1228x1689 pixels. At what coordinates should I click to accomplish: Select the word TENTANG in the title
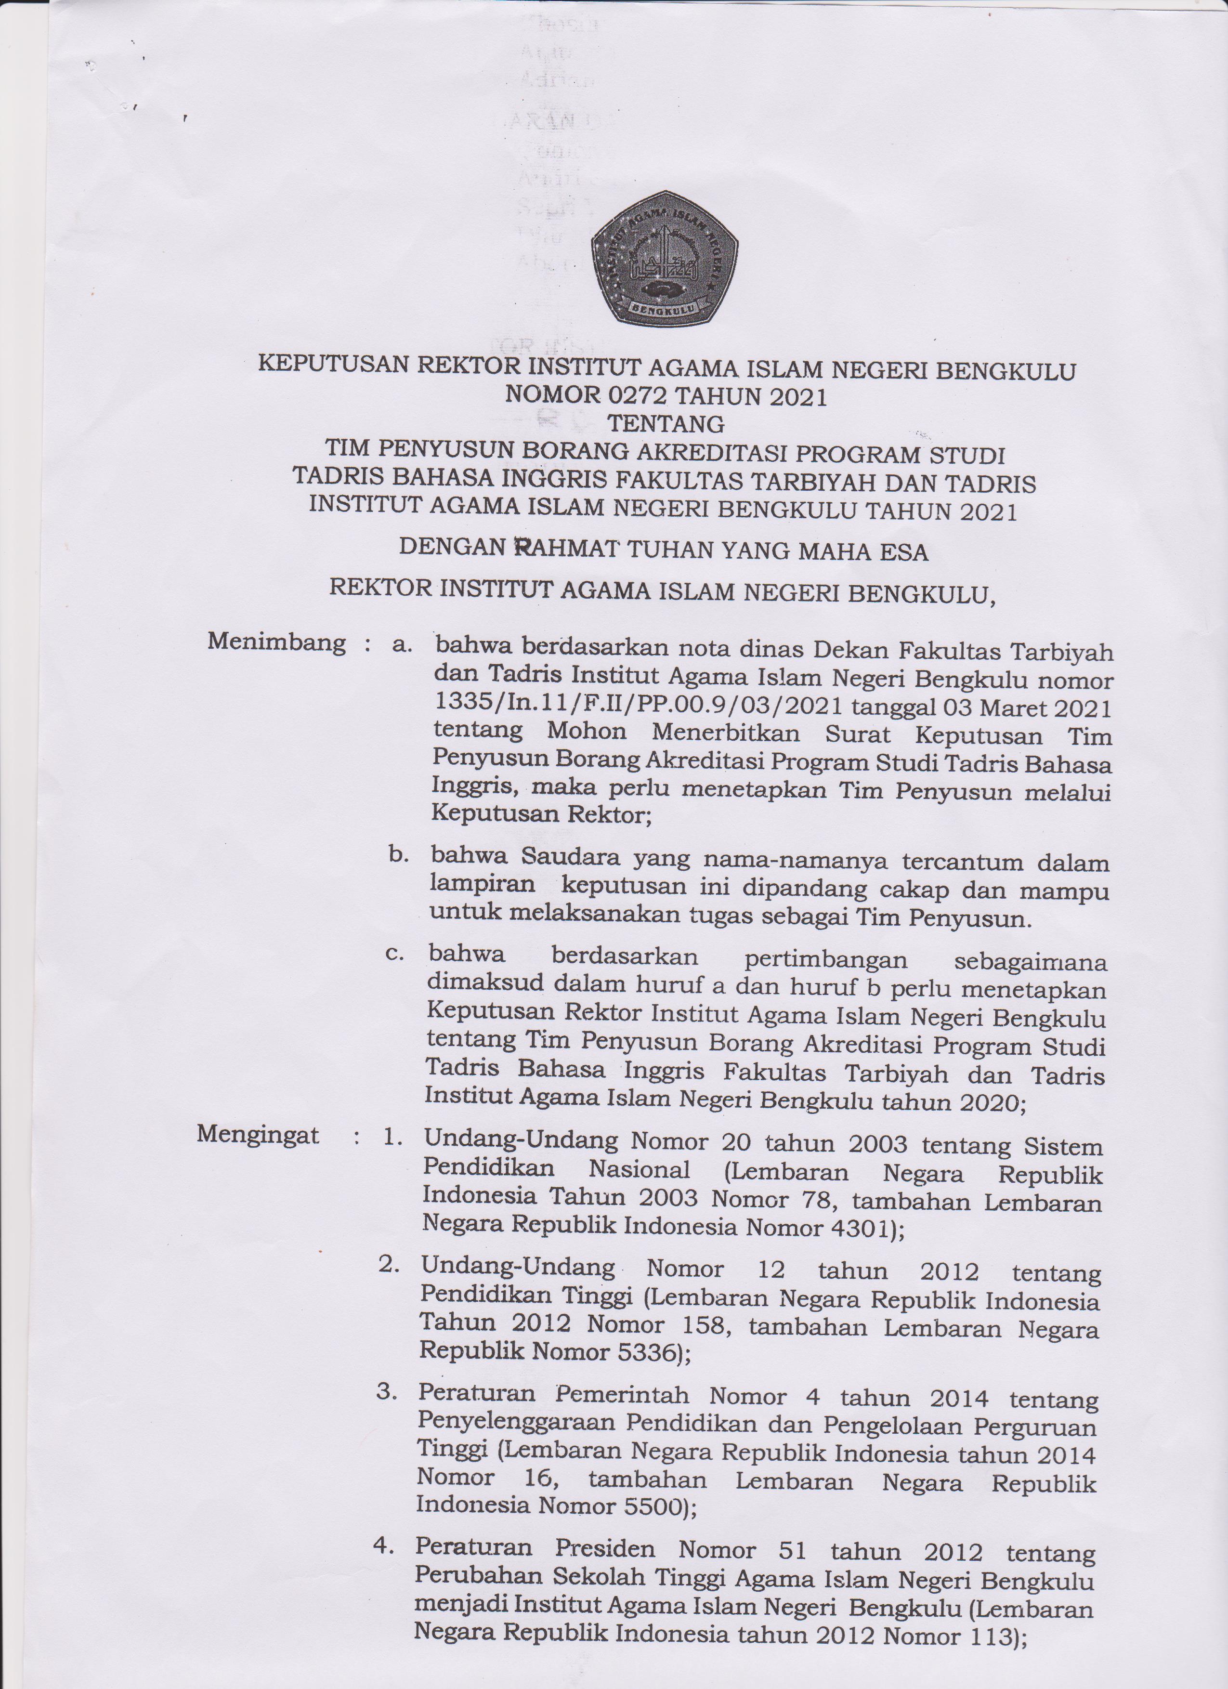pyautogui.click(x=666, y=424)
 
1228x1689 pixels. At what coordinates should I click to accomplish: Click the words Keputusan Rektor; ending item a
pyautogui.click(x=541, y=813)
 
